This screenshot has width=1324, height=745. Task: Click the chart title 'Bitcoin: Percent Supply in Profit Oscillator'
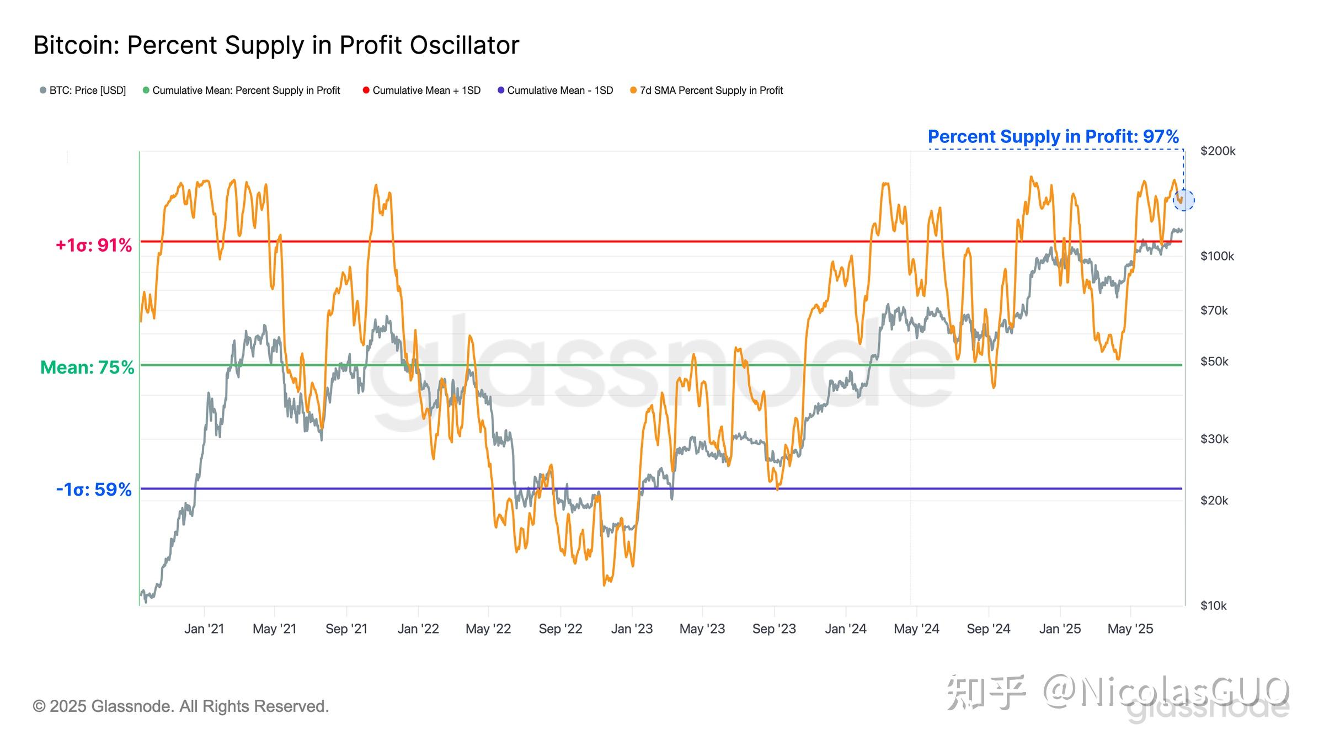(276, 45)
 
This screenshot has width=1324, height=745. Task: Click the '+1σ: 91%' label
(94, 245)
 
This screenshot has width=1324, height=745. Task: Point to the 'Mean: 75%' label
(87, 367)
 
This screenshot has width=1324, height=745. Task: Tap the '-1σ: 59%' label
(94, 489)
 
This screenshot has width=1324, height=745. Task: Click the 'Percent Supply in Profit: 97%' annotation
(1053, 136)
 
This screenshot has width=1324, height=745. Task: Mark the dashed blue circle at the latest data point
(1183, 200)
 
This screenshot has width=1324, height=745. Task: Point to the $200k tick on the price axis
(1218, 151)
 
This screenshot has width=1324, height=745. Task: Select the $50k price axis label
(1214, 361)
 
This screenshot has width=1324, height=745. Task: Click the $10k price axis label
(1213, 605)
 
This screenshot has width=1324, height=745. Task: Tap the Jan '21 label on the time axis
(204, 629)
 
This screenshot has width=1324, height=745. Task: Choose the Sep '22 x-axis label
(560, 629)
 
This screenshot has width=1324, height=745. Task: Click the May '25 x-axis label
(1130, 629)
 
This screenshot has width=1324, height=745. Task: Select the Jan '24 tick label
(846, 629)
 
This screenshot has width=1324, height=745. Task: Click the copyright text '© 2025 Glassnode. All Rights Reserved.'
(181, 706)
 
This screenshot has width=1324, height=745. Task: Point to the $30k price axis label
(1214, 439)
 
